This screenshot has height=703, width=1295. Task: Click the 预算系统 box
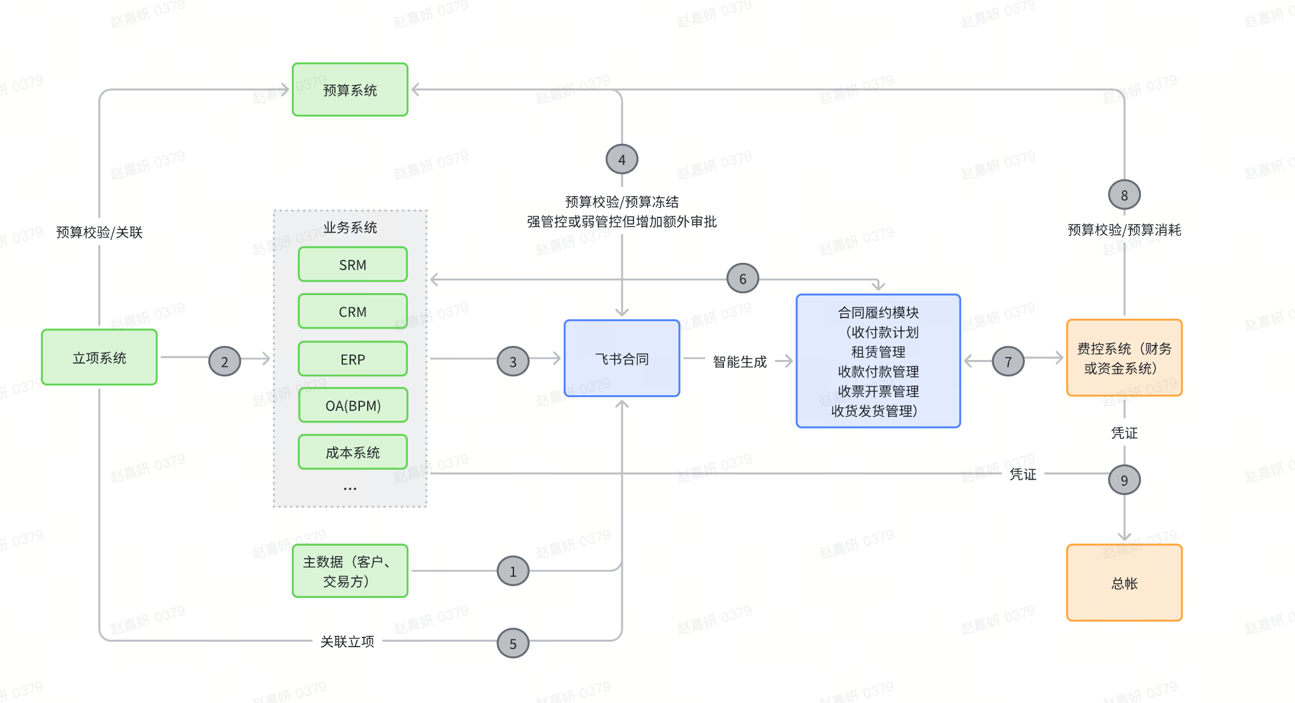pos(350,90)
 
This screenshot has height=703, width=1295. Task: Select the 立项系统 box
pos(100,358)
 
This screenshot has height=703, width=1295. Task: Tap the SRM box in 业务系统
pos(353,265)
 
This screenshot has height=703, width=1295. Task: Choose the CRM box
pos(353,311)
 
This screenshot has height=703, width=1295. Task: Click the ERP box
pos(353,359)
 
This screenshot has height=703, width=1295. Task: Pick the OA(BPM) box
pos(353,406)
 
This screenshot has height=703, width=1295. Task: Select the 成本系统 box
pos(353,452)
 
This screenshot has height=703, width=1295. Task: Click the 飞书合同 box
pos(622,359)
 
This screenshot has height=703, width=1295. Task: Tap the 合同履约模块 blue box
pos(878,361)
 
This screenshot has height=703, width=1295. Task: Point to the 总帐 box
pos(1124,583)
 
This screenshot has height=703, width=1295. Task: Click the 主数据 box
pos(350,571)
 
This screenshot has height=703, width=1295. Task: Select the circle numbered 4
pos(622,160)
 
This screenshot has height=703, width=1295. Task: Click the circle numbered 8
pos(1124,195)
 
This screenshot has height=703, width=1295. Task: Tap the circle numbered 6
pos(743,279)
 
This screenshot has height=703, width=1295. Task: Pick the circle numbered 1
pos(513,571)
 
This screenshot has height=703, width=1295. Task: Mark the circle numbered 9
pos(1124,480)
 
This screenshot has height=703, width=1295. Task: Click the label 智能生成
pos(740,362)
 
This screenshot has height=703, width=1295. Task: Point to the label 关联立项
pos(347,642)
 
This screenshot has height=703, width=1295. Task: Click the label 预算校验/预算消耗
pos(1124,230)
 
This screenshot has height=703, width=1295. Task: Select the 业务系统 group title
pos(350,228)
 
